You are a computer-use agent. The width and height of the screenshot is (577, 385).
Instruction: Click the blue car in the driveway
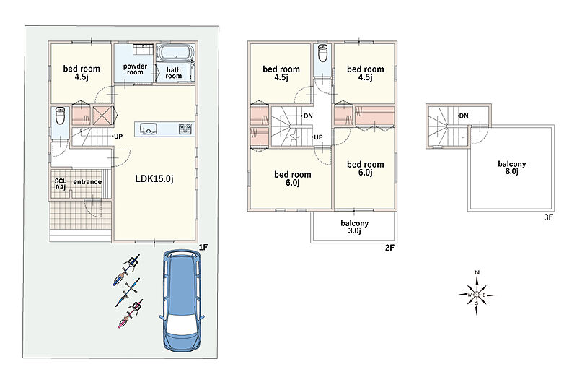[x=182, y=300]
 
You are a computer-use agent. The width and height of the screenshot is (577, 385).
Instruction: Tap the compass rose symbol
[x=477, y=295]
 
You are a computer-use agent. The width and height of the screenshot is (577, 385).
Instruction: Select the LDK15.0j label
[x=154, y=179]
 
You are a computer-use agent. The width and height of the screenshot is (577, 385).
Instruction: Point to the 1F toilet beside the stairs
[x=60, y=116]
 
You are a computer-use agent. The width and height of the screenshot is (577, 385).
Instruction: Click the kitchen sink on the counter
[x=149, y=129]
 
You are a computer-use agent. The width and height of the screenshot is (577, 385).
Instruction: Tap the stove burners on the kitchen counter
[x=185, y=129]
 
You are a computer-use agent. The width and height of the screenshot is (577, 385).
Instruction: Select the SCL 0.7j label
[x=61, y=184]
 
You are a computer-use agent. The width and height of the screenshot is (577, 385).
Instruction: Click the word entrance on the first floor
[x=87, y=182]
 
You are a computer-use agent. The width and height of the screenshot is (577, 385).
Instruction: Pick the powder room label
[x=135, y=69]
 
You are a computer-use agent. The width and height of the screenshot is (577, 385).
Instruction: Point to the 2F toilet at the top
[x=322, y=53]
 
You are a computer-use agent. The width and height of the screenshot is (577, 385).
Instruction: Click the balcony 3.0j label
[x=354, y=227]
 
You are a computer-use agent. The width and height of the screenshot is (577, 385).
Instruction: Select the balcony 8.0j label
[x=511, y=168]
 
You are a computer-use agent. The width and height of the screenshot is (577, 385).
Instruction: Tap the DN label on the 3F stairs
[x=464, y=116]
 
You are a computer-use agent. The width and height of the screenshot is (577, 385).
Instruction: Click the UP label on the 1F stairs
[x=118, y=137]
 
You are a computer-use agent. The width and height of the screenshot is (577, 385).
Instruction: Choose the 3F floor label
[x=548, y=217]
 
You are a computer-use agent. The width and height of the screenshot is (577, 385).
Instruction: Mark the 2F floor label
[x=389, y=248]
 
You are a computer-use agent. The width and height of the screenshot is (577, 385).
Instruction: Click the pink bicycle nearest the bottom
[x=131, y=313]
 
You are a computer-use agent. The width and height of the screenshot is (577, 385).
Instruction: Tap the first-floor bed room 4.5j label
[x=82, y=72]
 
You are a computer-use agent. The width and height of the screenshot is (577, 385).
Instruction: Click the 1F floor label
[x=203, y=248]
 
